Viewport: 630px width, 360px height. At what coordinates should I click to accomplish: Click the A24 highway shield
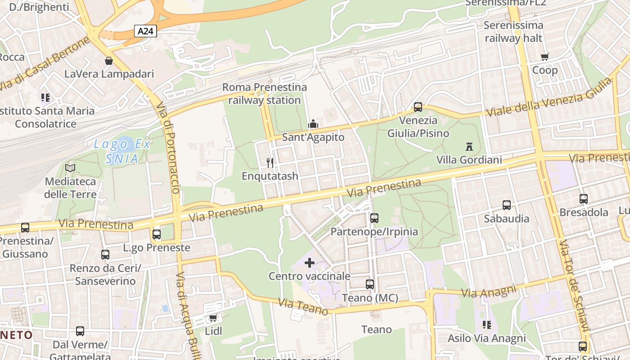(145, 31)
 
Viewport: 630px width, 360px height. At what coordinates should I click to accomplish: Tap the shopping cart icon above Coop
(545, 57)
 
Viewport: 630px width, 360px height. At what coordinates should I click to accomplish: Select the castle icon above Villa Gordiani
(469, 146)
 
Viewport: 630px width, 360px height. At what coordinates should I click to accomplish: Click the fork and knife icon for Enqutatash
(270, 162)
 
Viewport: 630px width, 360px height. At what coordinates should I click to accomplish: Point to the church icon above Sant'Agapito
(313, 124)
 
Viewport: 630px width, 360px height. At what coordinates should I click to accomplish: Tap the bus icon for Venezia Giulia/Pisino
(418, 107)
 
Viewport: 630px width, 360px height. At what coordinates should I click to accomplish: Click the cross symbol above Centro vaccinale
(310, 262)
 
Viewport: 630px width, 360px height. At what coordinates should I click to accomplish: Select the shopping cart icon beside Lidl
(213, 318)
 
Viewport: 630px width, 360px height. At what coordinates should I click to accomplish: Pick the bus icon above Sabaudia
(507, 205)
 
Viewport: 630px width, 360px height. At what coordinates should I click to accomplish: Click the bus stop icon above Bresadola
(584, 198)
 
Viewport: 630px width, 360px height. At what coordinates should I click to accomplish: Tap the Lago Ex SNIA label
(122, 151)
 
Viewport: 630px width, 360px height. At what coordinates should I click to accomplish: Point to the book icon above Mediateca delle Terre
(70, 168)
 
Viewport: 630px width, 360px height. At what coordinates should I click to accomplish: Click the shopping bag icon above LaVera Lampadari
(109, 60)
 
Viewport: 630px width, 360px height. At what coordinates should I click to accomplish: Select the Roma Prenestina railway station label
(265, 94)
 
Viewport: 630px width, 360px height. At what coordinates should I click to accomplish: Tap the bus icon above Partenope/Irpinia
(374, 218)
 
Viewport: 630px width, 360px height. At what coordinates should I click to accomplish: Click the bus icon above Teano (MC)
(370, 284)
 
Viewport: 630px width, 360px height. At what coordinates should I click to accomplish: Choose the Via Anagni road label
(489, 292)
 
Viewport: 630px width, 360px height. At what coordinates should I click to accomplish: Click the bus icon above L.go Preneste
(157, 234)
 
